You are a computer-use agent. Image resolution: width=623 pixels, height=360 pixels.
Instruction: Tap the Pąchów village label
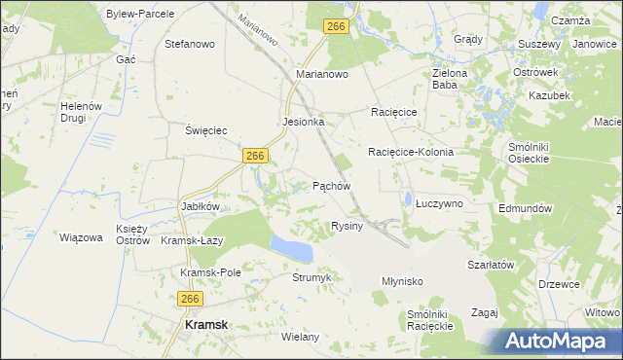[x=331, y=185]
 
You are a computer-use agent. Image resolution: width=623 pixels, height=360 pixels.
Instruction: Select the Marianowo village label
[x=322, y=73]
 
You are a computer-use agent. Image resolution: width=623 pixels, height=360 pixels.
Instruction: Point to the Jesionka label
[x=303, y=123]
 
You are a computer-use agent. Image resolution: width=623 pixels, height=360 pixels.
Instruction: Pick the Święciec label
[x=206, y=129]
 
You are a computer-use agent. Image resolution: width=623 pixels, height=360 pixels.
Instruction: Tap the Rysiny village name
[x=347, y=226]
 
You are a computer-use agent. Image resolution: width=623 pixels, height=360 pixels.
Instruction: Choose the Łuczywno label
[x=439, y=203]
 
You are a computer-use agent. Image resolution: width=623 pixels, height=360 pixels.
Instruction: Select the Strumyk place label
[x=312, y=277]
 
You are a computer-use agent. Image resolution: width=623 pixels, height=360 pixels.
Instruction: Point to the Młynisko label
[x=402, y=280]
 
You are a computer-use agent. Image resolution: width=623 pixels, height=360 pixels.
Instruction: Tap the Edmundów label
[x=525, y=208]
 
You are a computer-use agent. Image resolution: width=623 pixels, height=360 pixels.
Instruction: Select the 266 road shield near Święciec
[x=256, y=156]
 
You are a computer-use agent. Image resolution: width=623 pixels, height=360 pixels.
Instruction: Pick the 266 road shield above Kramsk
[x=190, y=300]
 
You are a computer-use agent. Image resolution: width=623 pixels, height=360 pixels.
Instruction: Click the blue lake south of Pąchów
[x=292, y=247]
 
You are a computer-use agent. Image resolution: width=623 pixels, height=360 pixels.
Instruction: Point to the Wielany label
[x=300, y=337]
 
